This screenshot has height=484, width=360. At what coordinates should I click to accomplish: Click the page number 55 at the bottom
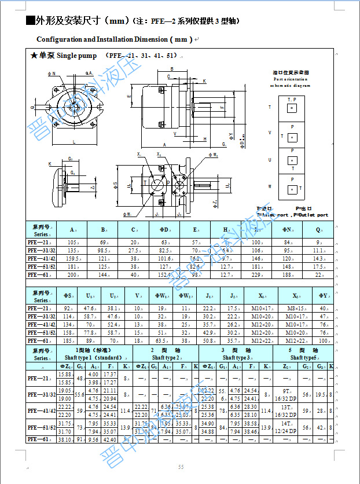click(181, 467)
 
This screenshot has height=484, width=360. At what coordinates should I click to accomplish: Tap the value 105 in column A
click(72, 242)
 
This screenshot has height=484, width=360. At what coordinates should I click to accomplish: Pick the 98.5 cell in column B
click(103, 250)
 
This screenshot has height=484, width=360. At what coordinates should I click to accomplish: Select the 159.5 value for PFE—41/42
click(72, 258)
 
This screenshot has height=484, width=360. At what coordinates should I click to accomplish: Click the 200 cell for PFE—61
click(72, 274)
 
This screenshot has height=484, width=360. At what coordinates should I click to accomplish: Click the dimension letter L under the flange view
click(74, 141)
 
